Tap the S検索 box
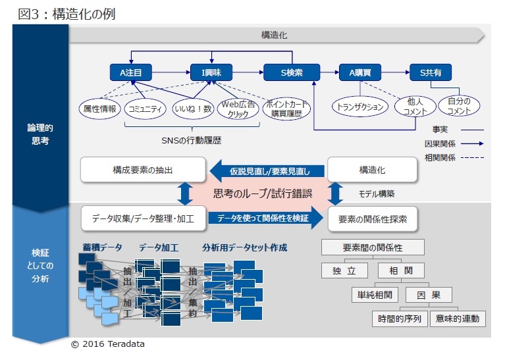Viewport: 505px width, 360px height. [x=291, y=72]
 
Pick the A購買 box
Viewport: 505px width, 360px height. [x=361, y=72]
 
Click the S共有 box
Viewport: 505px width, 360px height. [x=431, y=72]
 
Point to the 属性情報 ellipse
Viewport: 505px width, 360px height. [x=99, y=109]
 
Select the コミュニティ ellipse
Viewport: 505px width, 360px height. [x=145, y=109]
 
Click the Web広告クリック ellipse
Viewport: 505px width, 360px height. [x=238, y=109]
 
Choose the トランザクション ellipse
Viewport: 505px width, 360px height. [x=360, y=107]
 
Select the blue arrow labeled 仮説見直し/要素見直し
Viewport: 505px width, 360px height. [x=268, y=170]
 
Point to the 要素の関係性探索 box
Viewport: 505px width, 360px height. [x=372, y=218]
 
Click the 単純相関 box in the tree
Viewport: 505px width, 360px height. [x=375, y=295]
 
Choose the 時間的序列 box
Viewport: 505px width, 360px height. [x=400, y=319]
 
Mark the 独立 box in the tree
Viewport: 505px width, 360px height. [x=345, y=270]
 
